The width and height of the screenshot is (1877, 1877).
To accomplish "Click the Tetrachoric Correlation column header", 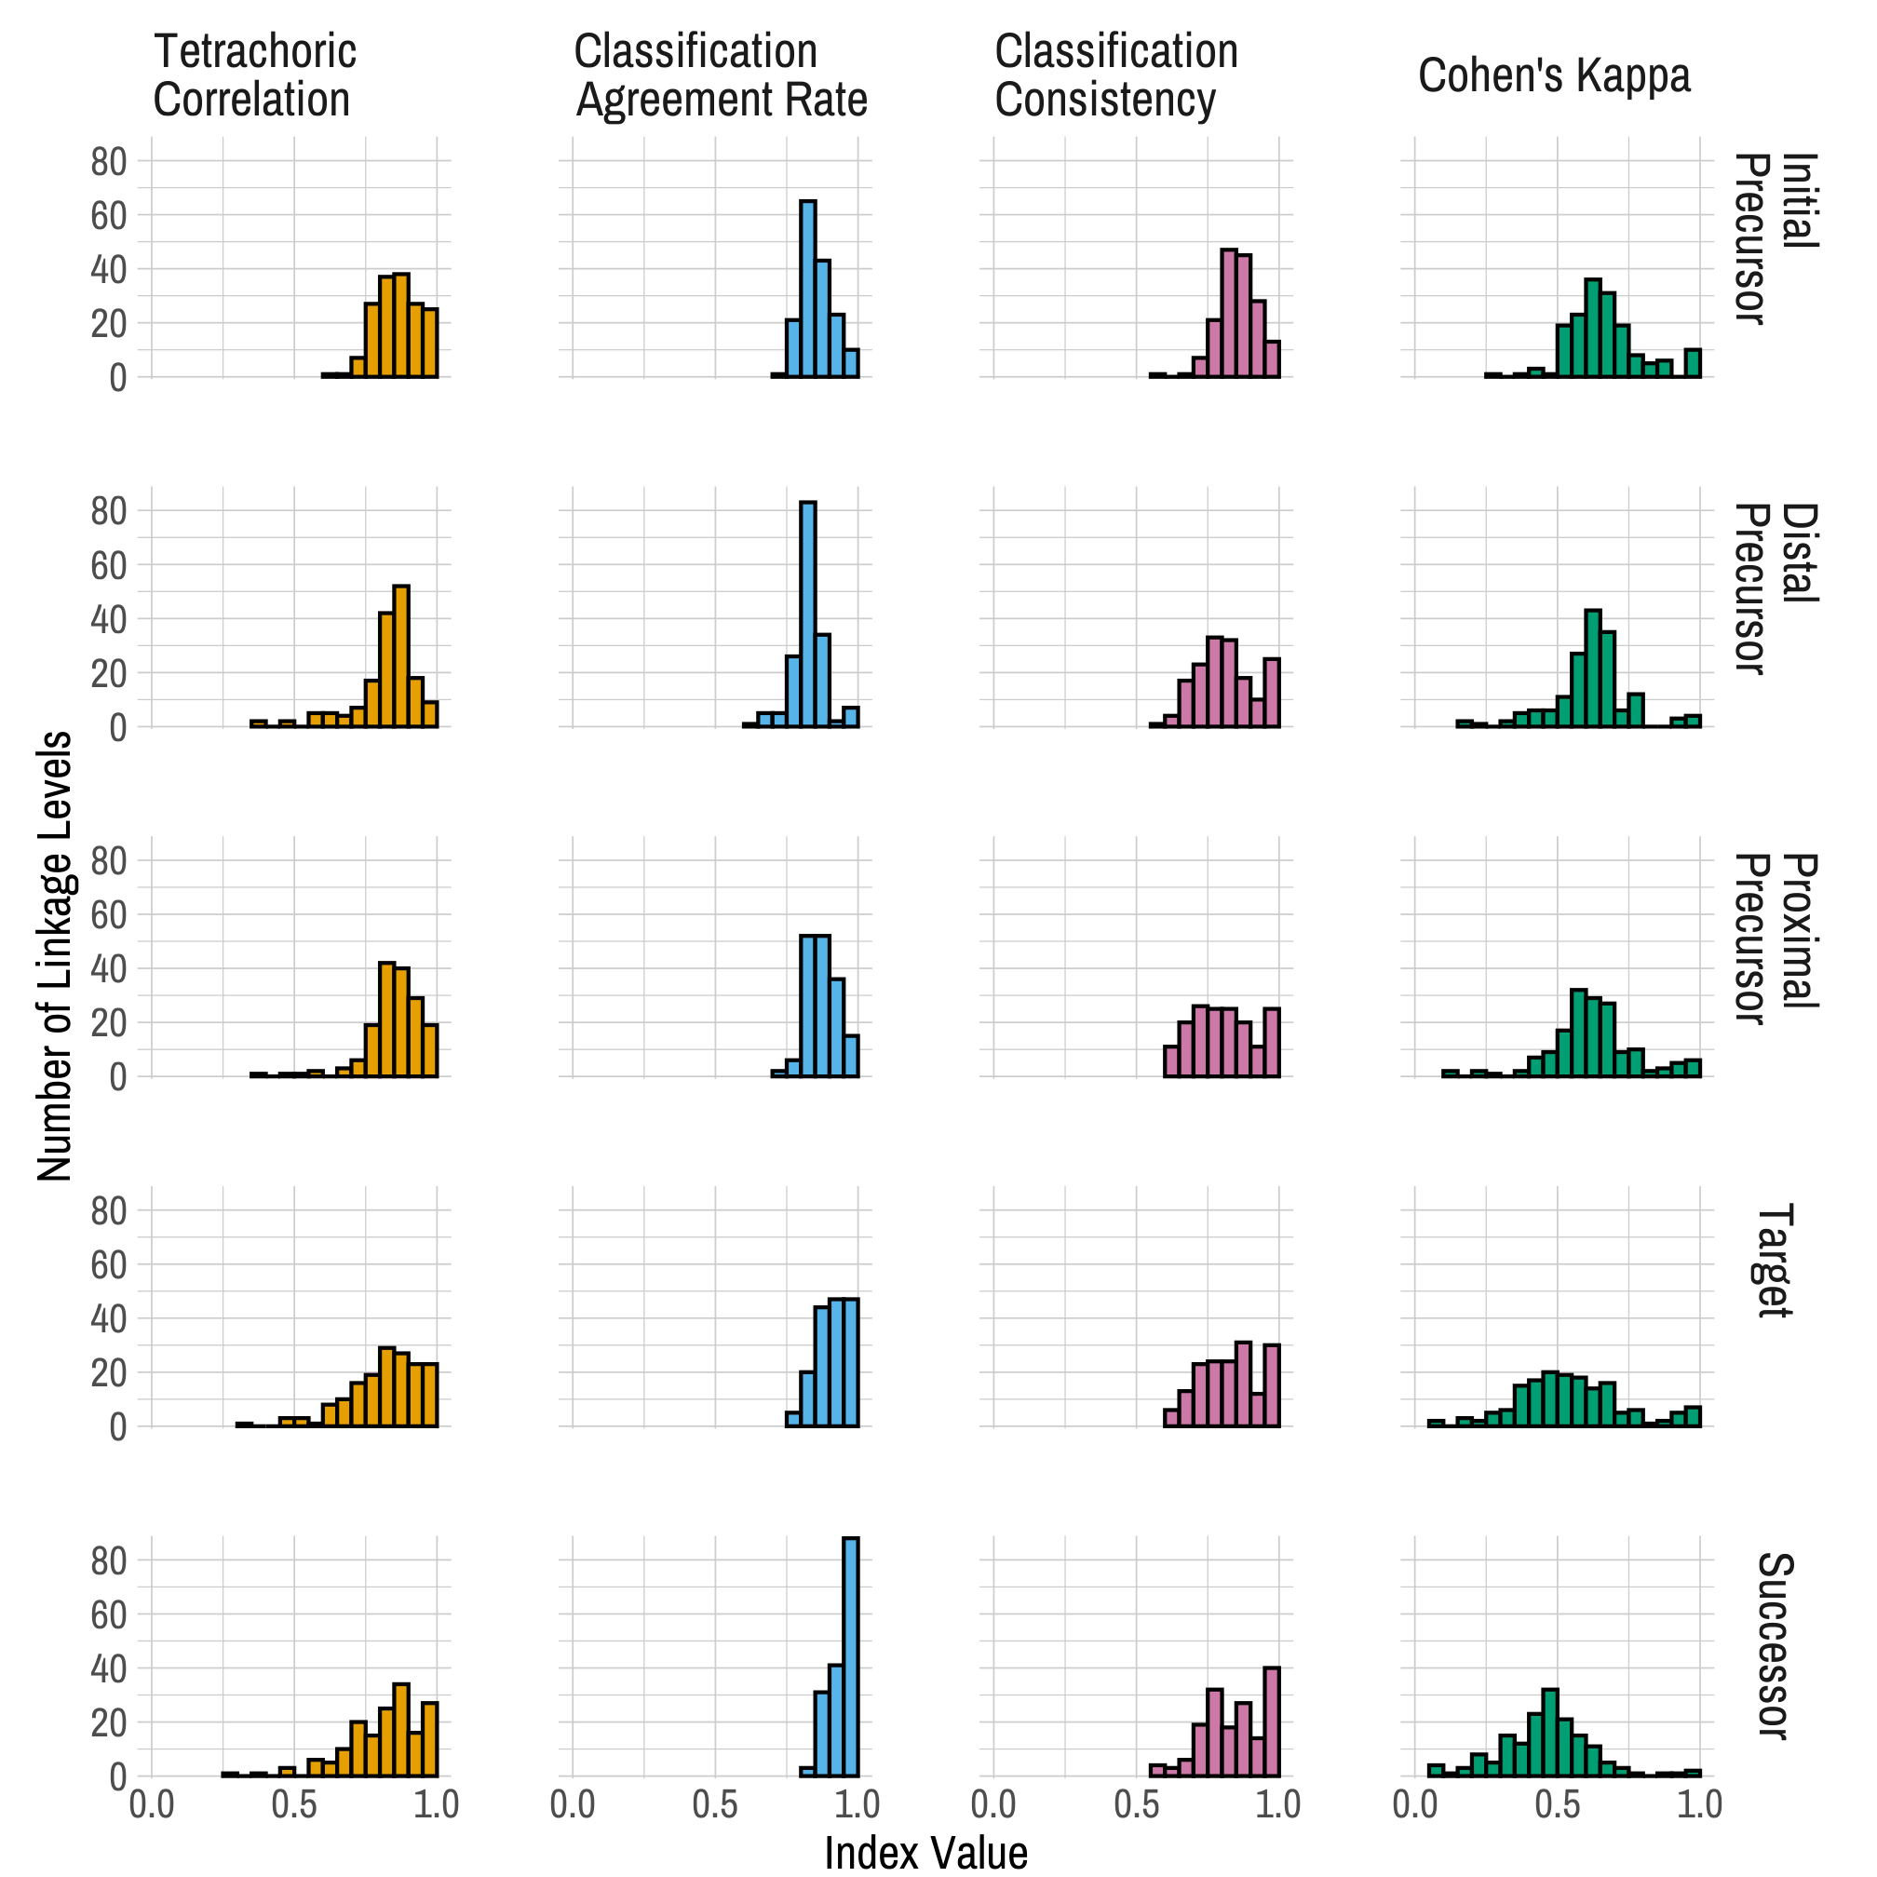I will [254, 75].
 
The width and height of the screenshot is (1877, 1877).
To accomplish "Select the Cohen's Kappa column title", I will [1554, 75].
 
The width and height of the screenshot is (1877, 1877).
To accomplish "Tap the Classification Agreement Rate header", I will [720, 75].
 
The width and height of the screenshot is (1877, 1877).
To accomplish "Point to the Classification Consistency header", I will [1115, 75].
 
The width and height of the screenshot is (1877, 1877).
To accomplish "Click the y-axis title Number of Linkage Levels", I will [55, 956].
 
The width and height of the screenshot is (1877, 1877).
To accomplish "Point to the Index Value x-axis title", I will [925, 1852].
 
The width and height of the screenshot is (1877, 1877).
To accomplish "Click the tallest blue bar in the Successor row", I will [850, 1656].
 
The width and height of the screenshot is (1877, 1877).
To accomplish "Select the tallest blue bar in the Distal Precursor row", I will [807, 614].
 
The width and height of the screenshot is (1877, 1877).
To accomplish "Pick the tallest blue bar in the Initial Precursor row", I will [807, 289].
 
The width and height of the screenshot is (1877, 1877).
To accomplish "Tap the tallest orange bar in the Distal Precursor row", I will [401, 655].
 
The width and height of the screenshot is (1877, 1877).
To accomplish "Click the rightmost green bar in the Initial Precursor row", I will [1693, 362].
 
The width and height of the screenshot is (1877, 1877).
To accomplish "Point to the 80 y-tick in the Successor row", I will [109, 1561].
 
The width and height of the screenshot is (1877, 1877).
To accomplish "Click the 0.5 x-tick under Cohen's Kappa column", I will [1557, 1805].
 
